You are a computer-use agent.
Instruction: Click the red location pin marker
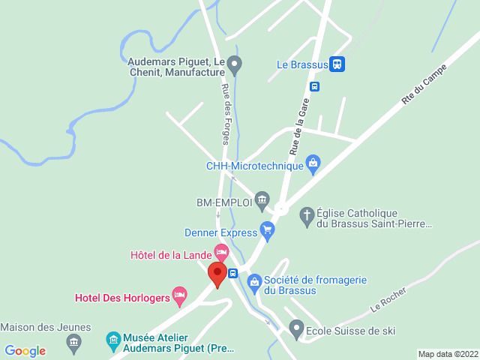pos(217,273)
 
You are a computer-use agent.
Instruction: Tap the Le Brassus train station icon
pos(337,64)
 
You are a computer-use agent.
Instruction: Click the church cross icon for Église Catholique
pos(306,217)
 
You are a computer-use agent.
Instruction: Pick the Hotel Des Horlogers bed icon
pos(179,295)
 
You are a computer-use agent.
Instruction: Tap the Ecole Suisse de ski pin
pos(296,328)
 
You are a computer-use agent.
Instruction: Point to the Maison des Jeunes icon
pos(73,343)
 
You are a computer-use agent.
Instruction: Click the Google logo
pos(25,351)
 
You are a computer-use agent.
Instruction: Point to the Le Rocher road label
pos(388,299)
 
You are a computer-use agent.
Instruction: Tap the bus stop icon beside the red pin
pos(233,273)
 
